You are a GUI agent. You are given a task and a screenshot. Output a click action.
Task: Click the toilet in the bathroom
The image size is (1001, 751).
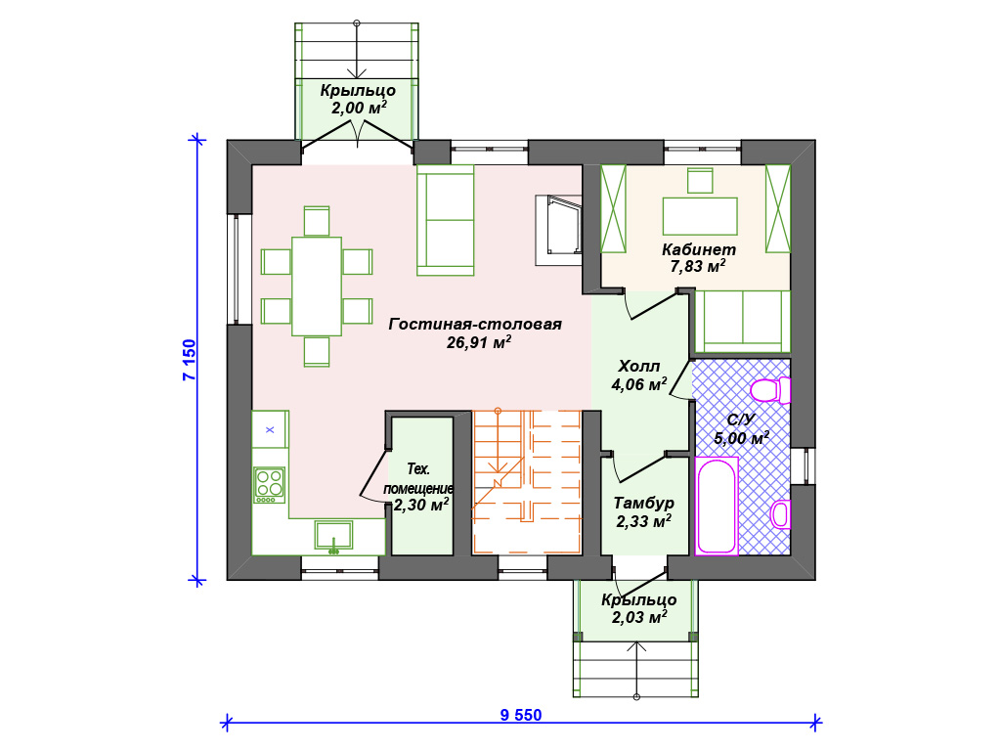pyautogui.click(x=770, y=390)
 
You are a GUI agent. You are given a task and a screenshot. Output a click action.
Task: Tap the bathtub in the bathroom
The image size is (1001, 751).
pyautogui.click(x=717, y=506)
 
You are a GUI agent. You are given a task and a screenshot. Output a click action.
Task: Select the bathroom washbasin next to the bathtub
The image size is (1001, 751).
pyautogui.click(x=781, y=514)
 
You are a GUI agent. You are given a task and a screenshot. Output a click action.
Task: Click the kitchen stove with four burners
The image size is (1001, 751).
pyautogui.click(x=270, y=485)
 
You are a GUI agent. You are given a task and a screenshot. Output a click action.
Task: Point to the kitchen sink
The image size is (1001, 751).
pyautogui.click(x=333, y=535)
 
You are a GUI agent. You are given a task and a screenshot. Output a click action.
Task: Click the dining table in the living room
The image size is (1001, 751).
pyautogui.click(x=317, y=287)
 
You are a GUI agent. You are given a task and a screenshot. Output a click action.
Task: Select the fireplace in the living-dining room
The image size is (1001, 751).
pyautogui.click(x=558, y=230)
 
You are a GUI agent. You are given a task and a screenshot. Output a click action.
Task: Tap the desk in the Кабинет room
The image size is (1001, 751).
pyautogui.click(x=700, y=216)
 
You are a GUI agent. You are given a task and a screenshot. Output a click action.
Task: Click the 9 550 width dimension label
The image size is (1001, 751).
pyautogui.click(x=521, y=715)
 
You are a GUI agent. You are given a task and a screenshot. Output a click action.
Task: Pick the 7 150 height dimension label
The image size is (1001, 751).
pyautogui.click(x=190, y=360)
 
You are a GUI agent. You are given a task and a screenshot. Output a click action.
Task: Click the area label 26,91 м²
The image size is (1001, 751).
pyautogui.click(x=479, y=342)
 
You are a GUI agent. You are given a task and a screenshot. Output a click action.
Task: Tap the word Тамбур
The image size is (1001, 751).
pyautogui.click(x=643, y=504)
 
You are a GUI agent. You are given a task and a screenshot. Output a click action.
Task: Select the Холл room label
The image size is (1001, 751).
pyautogui.click(x=639, y=367)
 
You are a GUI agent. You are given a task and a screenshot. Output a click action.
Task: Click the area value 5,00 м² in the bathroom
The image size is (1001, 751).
pyautogui.click(x=741, y=438)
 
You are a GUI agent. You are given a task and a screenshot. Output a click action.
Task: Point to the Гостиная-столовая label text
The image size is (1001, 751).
pyautogui.click(x=475, y=324)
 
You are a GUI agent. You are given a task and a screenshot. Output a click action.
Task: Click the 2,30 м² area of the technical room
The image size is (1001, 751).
pyautogui.click(x=420, y=506)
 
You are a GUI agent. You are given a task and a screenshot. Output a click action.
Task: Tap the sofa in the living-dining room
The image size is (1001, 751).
pyautogui.click(x=445, y=220)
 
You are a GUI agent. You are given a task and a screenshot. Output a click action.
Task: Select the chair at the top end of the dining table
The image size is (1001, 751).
pyautogui.click(x=317, y=221)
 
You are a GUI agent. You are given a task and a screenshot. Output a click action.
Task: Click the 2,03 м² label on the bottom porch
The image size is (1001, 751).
pyautogui.click(x=639, y=618)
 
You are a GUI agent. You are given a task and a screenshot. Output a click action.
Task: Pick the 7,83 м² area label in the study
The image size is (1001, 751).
pyautogui.click(x=698, y=266)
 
